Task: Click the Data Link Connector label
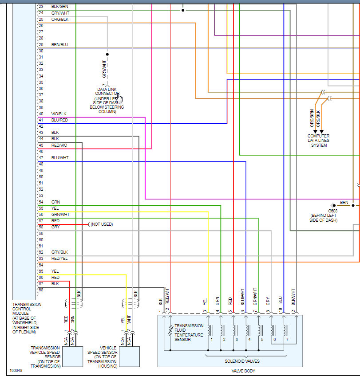(107, 91)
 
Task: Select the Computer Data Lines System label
(318, 141)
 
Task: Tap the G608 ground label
(332, 211)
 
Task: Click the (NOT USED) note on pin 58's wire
(102, 224)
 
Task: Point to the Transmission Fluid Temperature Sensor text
(189, 333)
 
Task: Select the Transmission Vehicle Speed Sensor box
(72, 356)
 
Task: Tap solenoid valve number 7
(287, 339)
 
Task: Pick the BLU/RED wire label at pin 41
(59, 120)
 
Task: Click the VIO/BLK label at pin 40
(59, 114)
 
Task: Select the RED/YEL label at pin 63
(59, 258)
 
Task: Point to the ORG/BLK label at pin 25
(59, 20)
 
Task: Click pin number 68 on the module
(41, 290)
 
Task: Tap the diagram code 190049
(16, 370)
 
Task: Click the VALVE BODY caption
(231, 371)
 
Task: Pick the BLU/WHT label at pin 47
(59, 158)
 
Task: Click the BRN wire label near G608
(344, 202)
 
